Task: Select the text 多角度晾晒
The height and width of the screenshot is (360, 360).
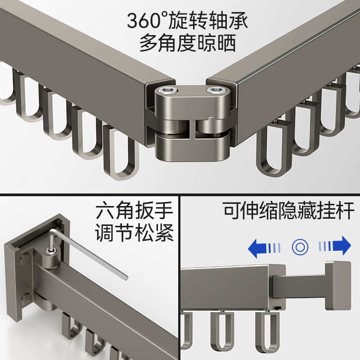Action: tap(188, 44)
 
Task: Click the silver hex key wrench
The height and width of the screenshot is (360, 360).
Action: tap(90, 256)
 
